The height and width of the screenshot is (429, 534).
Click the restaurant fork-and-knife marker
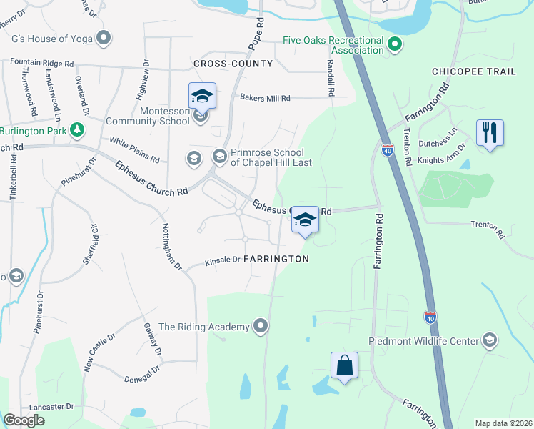(x=490, y=133)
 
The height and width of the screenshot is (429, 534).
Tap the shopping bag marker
(x=344, y=365)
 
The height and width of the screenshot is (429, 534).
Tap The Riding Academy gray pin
(x=261, y=327)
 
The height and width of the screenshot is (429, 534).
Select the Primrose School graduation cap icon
(x=220, y=156)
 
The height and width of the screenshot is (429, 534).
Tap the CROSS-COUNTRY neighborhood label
(x=233, y=64)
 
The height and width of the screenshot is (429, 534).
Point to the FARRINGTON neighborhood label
(x=276, y=259)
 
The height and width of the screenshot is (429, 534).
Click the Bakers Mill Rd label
(x=266, y=98)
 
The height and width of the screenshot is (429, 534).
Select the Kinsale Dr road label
(x=222, y=260)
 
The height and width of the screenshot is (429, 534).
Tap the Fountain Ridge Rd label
(x=42, y=63)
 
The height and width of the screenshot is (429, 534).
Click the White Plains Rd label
(x=133, y=148)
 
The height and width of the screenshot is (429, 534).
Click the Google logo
(x=24, y=420)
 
